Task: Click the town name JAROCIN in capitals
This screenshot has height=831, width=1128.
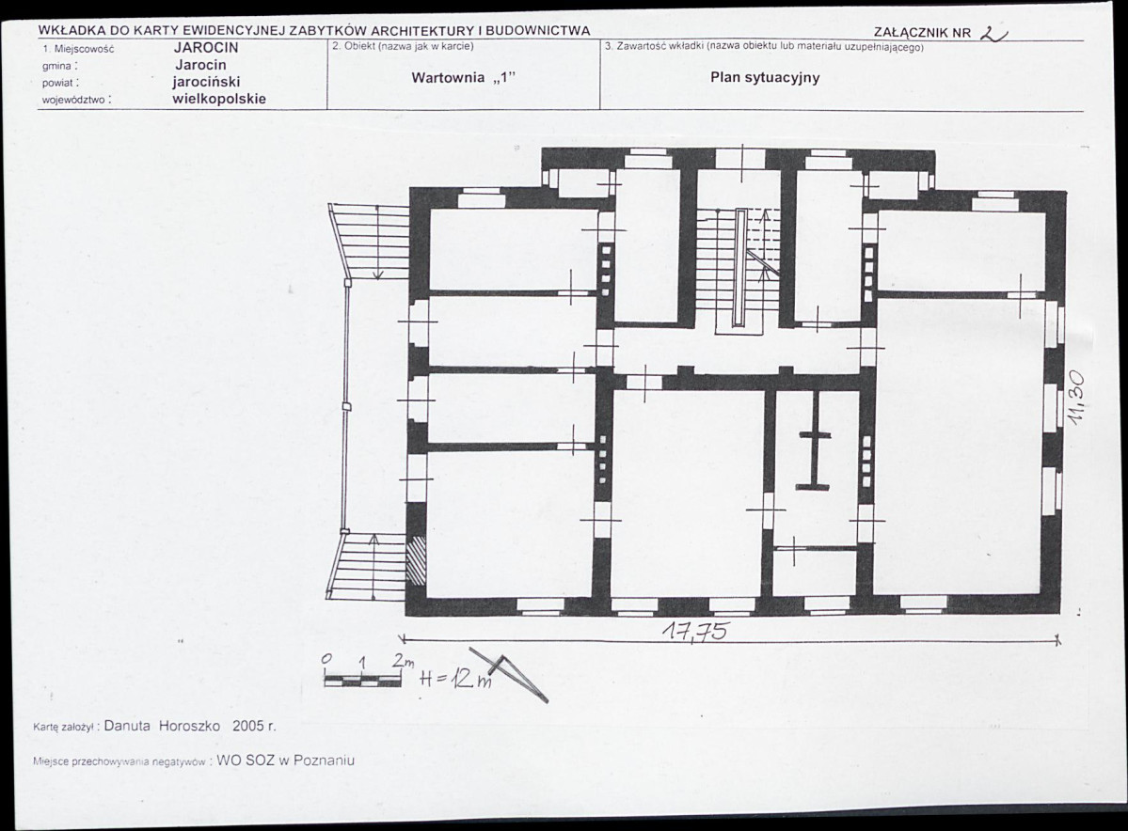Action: click(x=206, y=48)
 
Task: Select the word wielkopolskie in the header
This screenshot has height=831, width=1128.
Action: click(x=219, y=99)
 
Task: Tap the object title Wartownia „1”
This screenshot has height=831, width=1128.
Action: click(x=464, y=78)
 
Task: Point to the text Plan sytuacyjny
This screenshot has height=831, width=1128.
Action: click(x=765, y=78)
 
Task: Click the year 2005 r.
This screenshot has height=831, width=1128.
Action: click(x=254, y=726)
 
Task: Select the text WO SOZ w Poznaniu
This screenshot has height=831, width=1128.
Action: click(x=286, y=760)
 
